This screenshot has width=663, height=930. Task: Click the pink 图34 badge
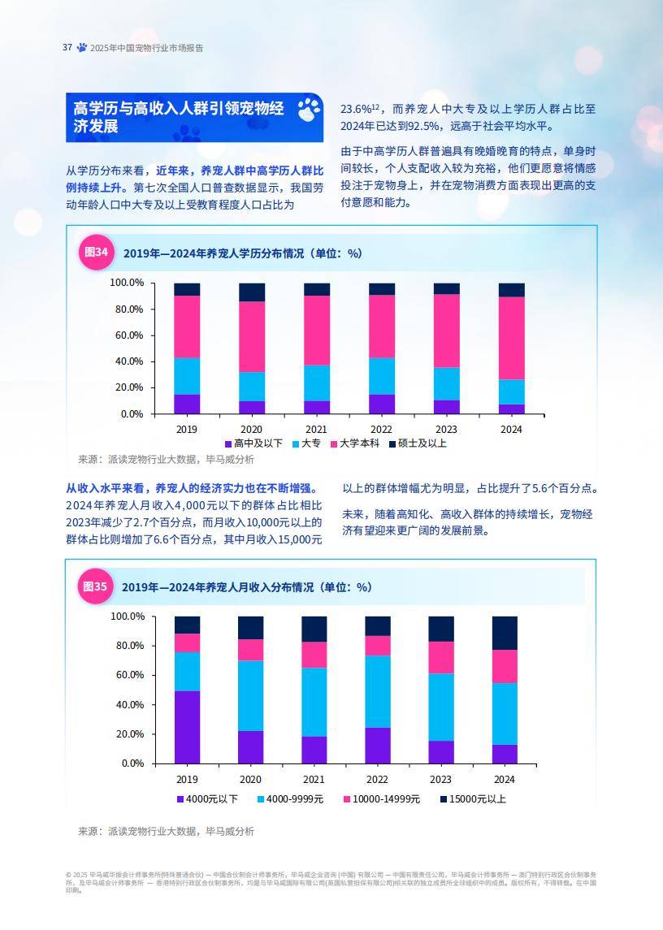coord(96,253)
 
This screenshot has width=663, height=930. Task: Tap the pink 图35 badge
coord(96,586)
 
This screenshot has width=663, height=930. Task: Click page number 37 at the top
coord(67,47)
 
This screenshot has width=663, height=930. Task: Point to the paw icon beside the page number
coord(81,47)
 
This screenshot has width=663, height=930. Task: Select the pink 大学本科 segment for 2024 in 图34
coord(511,338)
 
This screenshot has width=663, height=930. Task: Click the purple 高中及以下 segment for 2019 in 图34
coord(187,404)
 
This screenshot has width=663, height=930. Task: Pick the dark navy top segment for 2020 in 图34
coord(252,292)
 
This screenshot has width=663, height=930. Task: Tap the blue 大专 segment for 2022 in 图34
coord(382,376)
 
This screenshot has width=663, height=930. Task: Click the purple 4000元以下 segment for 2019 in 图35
coord(187,727)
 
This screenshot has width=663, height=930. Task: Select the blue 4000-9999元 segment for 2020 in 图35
coord(251,695)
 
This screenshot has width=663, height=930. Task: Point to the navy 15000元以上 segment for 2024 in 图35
coord(505,633)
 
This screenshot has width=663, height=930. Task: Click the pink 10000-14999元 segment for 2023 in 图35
coord(441,657)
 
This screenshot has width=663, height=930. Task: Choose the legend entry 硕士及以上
coord(418,443)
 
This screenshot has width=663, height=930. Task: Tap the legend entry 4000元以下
coord(207,799)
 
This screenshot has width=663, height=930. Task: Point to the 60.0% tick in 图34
coord(127,335)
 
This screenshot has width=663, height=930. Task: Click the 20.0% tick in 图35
coord(127,734)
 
